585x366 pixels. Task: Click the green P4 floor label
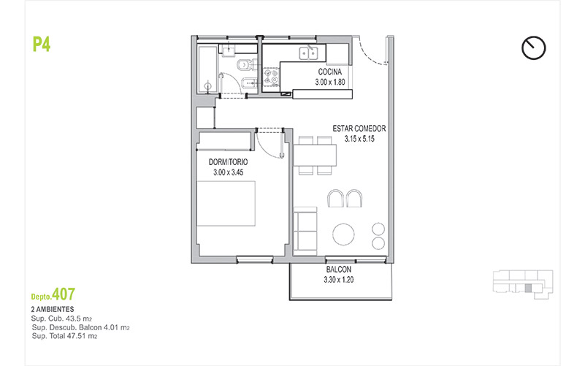tap(42, 45)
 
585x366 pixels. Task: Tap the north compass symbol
tap(534, 47)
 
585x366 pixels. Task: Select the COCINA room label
tap(330, 72)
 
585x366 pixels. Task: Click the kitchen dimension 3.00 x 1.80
tap(330, 82)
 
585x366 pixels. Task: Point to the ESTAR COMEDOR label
tap(359, 129)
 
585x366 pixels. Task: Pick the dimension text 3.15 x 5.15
tap(359, 139)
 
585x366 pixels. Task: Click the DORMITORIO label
tap(228, 162)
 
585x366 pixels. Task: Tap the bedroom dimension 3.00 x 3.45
tap(229, 172)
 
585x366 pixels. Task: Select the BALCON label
tap(339, 270)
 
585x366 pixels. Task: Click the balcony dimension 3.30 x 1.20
tap(339, 280)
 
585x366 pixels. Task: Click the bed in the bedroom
tap(226, 204)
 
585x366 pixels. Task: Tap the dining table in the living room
tap(316, 155)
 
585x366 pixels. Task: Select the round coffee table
tap(343, 235)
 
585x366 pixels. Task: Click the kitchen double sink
tap(308, 53)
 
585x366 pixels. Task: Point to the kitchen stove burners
tap(271, 77)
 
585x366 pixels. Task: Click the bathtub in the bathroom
tap(207, 69)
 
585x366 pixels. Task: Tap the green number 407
tap(64, 294)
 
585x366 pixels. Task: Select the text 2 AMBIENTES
tap(53, 309)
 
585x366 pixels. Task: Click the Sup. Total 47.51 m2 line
tap(64, 336)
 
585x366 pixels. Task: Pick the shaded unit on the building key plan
tap(528, 288)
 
